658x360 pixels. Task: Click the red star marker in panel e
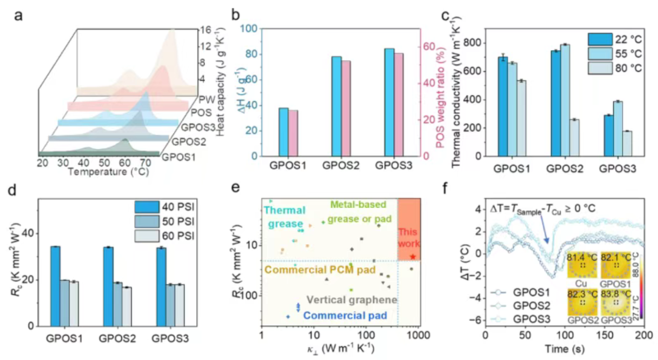coord(412,257)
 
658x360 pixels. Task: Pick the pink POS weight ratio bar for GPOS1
coord(293,133)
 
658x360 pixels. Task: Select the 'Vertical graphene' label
coord(352,300)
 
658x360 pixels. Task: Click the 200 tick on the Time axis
coord(644,334)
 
